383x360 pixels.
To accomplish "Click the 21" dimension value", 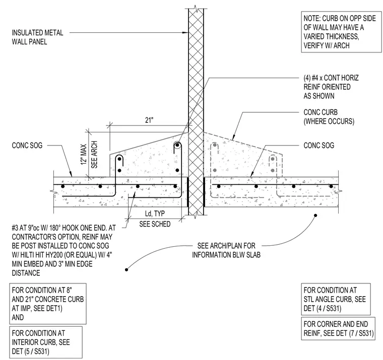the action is point(149,120).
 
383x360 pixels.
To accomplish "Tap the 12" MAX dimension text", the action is point(84,154).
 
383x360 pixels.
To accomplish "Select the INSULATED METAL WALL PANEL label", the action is point(37,37).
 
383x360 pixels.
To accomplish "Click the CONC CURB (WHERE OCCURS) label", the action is point(329,117).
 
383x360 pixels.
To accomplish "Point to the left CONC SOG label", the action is point(27,146).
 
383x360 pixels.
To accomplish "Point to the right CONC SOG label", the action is point(319,146).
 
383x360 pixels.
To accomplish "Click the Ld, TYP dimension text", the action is point(155,213).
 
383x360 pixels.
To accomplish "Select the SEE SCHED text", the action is point(155,224).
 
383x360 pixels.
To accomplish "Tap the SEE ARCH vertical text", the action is point(94,155).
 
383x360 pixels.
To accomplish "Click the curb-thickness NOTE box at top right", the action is point(341,32).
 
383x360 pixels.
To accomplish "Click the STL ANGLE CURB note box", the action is point(336,299).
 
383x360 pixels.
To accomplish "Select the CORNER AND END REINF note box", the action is point(338,328).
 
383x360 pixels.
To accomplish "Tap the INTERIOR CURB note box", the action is point(46,342).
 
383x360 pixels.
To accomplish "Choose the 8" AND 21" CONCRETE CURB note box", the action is point(48,304).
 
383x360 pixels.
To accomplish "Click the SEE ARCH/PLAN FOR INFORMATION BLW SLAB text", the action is point(226,250).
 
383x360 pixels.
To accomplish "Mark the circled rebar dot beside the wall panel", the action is point(177,146).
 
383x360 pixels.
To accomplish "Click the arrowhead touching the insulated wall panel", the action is point(186,32).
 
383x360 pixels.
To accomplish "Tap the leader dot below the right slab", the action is point(315,215).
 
